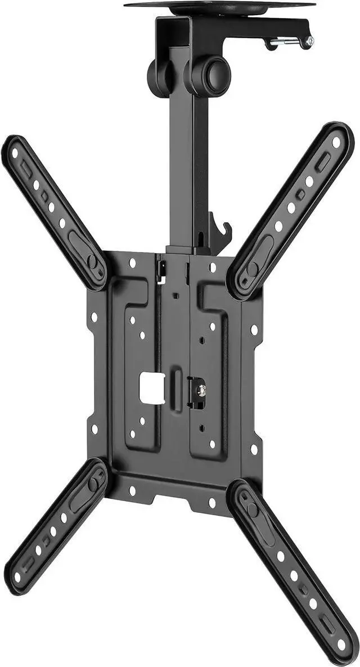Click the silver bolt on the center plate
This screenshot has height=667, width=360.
click(x=199, y=389)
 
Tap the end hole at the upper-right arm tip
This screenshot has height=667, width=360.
click(x=336, y=142)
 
